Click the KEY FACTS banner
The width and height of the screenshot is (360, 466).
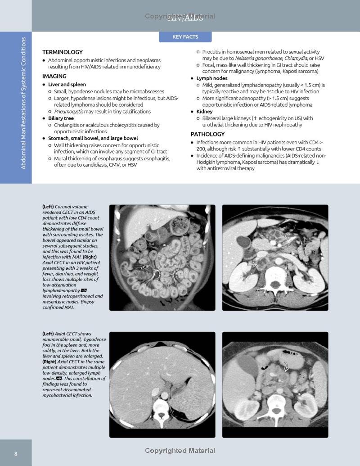(x=185, y=37)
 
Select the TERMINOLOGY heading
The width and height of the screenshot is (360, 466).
(x=63, y=52)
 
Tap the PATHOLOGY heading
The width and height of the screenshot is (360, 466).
(x=207, y=134)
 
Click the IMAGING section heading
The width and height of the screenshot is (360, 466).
(x=54, y=77)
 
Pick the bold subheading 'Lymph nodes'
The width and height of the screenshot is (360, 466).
(x=212, y=78)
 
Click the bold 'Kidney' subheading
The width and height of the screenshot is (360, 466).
(x=204, y=112)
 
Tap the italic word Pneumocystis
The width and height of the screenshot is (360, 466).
(x=68, y=112)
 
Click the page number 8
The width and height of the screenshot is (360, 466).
(x=16, y=453)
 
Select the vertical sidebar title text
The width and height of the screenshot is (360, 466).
(x=24, y=103)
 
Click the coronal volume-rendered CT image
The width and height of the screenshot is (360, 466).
(x=162, y=258)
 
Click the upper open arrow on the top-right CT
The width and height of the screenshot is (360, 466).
(x=289, y=235)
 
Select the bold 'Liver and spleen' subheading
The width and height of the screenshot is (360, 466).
(x=67, y=85)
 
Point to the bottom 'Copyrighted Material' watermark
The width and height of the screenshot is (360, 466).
(x=180, y=451)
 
